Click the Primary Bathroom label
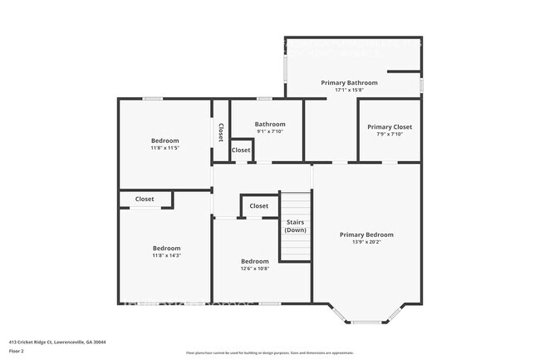point(349,83)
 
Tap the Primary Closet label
point(390,127)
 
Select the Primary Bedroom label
point(366,234)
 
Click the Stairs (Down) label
point(296,226)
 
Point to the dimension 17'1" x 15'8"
point(349,91)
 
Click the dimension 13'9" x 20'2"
point(366,242)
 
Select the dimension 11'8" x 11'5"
point(164,148)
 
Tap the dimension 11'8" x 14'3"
point(166,255)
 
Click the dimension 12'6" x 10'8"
point(255,269)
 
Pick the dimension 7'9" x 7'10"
point(390,135)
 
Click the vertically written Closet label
point(221,133)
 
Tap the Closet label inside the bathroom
point(241,150)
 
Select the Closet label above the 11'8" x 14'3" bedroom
point(145,200)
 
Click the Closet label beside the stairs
point(259,206)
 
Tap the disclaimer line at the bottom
point(269,353)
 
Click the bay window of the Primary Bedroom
point(366,321)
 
